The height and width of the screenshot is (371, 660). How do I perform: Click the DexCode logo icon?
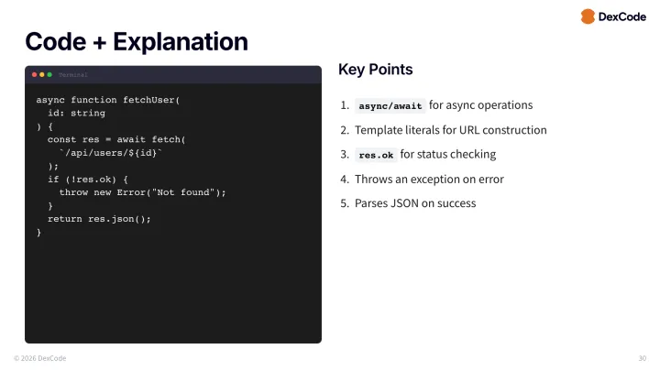(588, 16)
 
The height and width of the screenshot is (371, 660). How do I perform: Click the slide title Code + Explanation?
(137, 41)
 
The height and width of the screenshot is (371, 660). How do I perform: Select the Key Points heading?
(376, 70)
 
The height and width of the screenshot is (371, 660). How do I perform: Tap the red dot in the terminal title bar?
(35, 74)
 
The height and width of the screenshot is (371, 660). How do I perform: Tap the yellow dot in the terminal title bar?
(42, 74)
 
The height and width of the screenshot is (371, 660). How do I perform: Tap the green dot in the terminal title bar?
(49, 74)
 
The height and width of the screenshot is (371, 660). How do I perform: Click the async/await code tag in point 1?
(390, 106)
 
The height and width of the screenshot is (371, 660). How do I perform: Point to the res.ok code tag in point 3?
(376, 155)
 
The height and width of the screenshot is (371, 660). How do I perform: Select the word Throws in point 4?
(373, 179)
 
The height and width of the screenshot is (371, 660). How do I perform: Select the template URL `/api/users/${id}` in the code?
(110, 153)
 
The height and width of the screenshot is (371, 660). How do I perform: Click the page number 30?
(642, 358)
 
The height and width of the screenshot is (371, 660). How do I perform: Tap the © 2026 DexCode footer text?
(39, 358)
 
